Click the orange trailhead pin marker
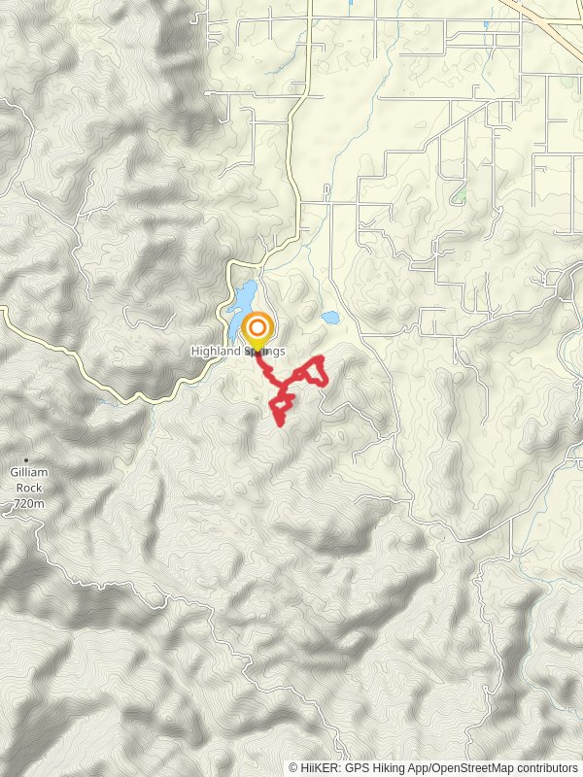tap(257, 329)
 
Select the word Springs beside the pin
tap(265, 352)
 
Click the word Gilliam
tap(30, 472)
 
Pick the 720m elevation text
tap(30, 504)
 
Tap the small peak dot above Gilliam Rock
tap(27, 459)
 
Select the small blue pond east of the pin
tap(329, 317)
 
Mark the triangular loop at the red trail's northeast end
tap(312, 371)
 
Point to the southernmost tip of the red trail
tap(281, 423)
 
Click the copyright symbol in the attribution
tap(294, 767)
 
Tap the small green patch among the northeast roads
tap(461, 194)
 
